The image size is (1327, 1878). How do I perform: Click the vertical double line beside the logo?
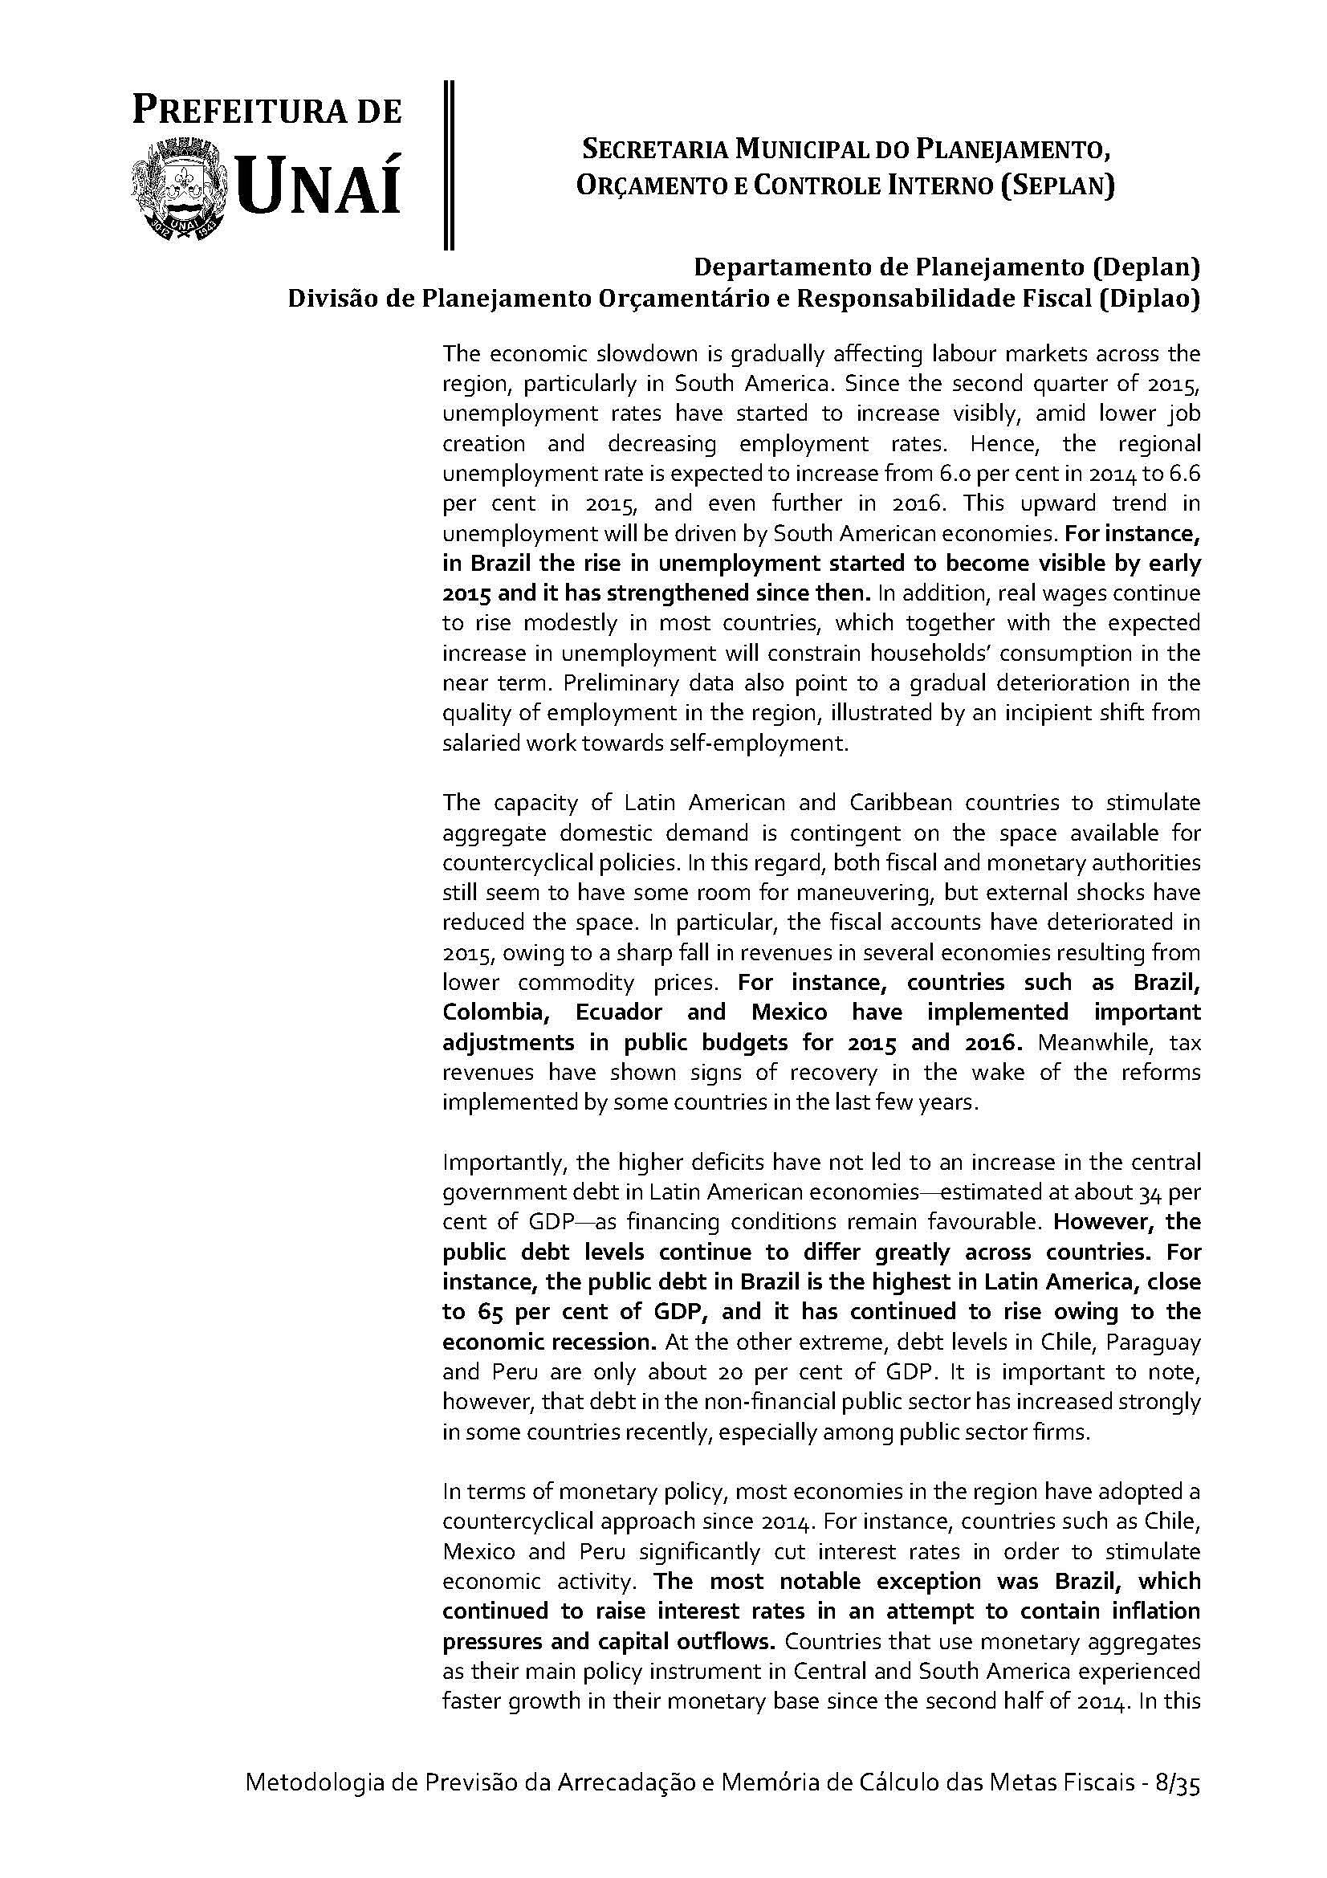point(447,164)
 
